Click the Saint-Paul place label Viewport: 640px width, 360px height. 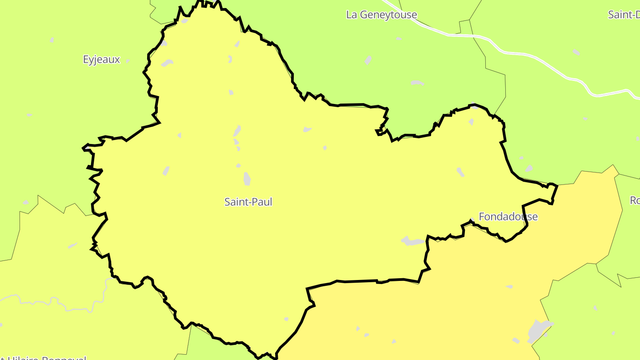[248, 202]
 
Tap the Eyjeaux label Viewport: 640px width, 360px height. [101, 60]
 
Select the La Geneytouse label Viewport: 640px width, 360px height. [381, 15]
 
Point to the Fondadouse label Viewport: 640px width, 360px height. [508, 216]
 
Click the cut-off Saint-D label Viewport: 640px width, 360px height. [624, 15]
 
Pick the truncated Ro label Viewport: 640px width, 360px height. [635, 200]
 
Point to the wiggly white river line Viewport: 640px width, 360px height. [67, 307]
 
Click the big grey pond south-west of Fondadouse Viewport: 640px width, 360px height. [413, 241]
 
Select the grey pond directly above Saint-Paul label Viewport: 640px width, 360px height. [247, 179]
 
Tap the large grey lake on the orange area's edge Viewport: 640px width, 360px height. [538, 331]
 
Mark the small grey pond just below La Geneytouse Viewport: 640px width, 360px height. [368, 60]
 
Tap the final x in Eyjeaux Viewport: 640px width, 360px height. [117, 60]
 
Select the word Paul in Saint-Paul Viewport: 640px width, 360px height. [262, 202]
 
